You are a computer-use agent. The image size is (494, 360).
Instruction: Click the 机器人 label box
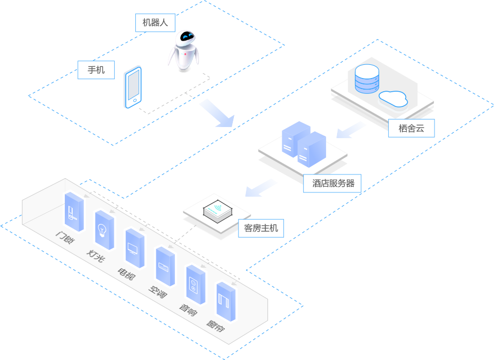tap(155, 23)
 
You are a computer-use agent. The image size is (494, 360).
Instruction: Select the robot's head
tap(186, 37)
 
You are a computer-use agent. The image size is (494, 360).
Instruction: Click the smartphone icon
tap(133, 87)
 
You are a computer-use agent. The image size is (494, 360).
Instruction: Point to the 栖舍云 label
tap(411, 128)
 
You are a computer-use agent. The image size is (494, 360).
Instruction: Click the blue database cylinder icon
tap(367, 79)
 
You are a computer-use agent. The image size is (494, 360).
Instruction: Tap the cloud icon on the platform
tap(393, 99)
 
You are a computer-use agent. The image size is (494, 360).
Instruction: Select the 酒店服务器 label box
tap(333, 183)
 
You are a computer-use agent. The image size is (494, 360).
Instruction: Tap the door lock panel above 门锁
tap(74, 212)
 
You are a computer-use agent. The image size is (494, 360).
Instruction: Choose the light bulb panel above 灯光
tap(104, 230)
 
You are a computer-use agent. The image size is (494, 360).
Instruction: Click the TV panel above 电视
tap(134, 248)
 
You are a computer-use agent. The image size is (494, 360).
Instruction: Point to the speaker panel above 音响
tap(195, 284)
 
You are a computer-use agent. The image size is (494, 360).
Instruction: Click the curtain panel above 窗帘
tap(226, 302)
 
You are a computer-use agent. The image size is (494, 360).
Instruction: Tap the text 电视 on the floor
tap(126, 274)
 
